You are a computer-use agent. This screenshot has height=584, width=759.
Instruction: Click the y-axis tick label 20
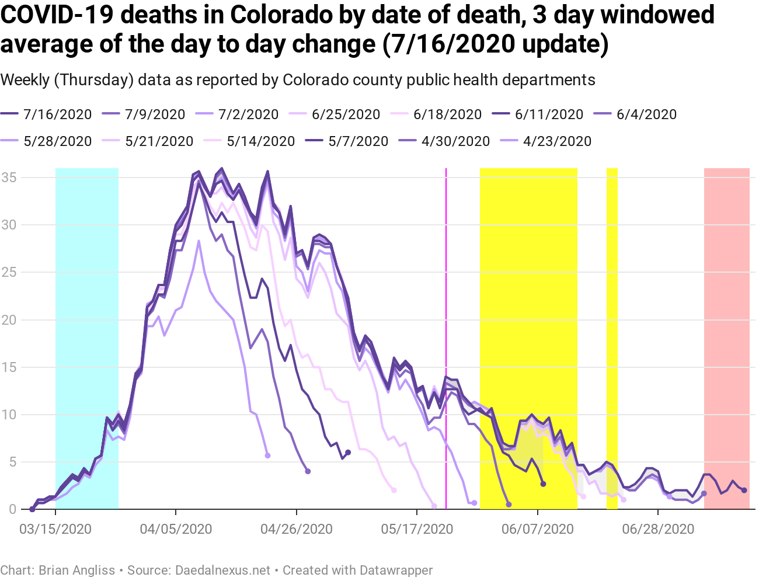click(x=9, y=319)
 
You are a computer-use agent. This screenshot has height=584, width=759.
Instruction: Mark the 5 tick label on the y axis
click(x=12, y=462)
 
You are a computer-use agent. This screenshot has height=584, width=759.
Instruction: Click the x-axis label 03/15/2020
click(x=55, y=529)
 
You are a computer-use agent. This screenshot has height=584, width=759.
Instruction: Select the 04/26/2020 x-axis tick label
click(x=297, y=529)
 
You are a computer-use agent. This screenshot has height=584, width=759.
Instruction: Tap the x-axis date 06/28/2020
click(x=658, y=529)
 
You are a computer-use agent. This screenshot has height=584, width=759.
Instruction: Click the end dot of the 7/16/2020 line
click(x=744, y=491)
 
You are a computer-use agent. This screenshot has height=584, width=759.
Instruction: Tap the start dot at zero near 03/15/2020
click(x=32, y=509)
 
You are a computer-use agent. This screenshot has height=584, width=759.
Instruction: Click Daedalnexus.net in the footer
click(x=222, y=570)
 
